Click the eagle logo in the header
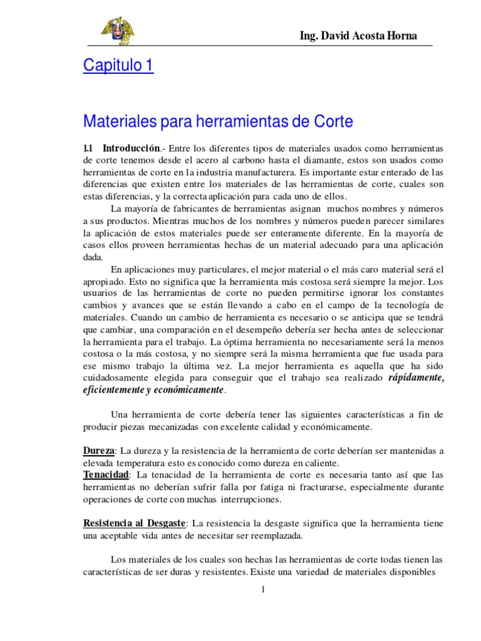click(x=117, y=31)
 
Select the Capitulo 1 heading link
click(x=118, y=66)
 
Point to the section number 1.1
click(x=88, y=148)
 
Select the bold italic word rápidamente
click(x=416, y=377)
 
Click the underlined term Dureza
click(x=99, y=451)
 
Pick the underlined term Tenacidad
click(x=106, y=474)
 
